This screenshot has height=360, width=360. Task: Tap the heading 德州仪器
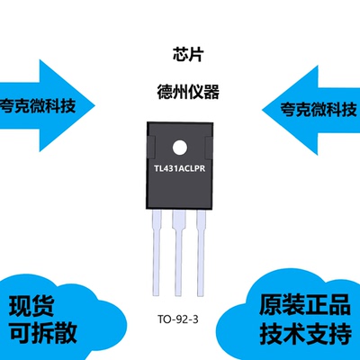pos(180,92)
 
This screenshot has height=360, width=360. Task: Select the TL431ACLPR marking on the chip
pos(180,167)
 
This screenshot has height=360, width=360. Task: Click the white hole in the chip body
pos(180,147)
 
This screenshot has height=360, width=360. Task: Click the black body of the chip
pos(180,189)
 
